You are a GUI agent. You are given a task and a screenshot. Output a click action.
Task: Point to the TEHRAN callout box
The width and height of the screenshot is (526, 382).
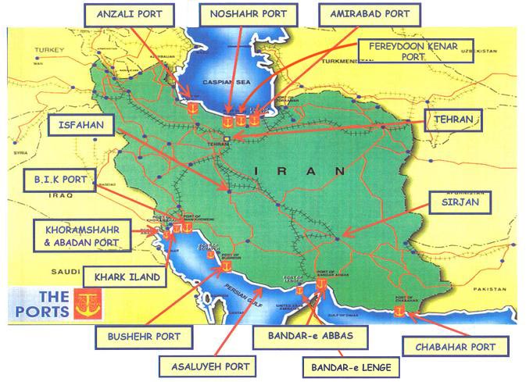coord(453,120)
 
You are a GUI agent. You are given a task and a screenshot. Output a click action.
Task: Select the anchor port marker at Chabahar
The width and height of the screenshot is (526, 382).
coord(399,312)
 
